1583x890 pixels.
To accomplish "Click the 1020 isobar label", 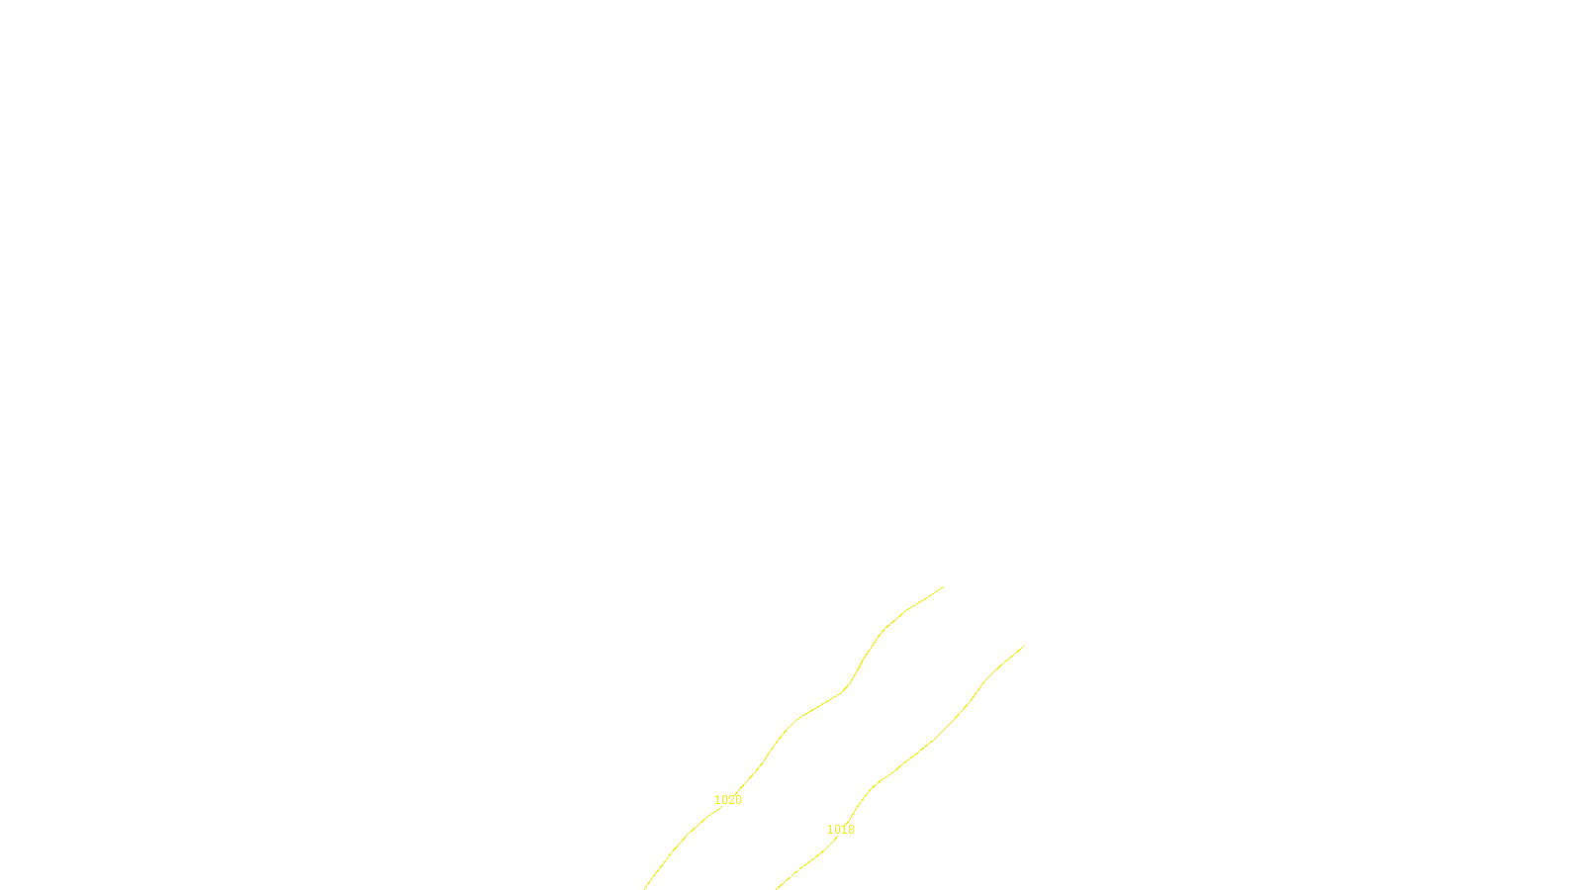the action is tap(727, 800).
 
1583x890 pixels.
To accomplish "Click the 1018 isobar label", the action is tap(840, 830).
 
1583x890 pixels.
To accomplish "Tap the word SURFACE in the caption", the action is tap(791, 873).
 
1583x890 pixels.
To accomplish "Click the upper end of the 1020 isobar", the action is tap(943, 587).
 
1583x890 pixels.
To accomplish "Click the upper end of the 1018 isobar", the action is tap(1023, 647).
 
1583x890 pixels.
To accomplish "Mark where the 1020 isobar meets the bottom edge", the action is tap(645, 888).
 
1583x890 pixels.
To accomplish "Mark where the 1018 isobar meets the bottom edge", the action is tap(778, 888).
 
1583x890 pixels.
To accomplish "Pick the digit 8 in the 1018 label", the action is tap(850, 830).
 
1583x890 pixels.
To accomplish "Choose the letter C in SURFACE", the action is tap(805, 873).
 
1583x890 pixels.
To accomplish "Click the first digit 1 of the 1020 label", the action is tap(717, 800).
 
